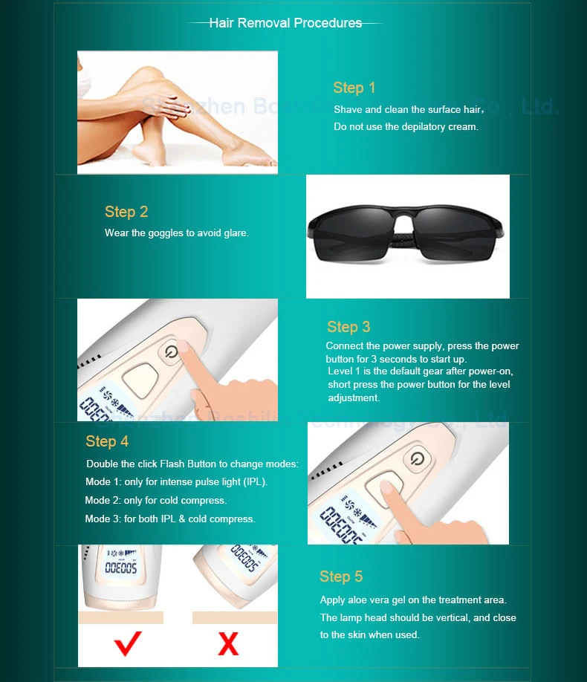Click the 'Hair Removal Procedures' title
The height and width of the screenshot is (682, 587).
tap(285, 23)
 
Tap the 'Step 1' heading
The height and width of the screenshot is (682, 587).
tap(354, 88)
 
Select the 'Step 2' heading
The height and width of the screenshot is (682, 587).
tap(126, 212)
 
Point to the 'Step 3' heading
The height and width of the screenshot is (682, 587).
tap(348, 327)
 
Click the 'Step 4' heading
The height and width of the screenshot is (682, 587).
tap(107, 441)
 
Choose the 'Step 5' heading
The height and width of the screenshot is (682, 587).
tap(341, 577)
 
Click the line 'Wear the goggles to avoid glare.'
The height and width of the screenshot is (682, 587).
tap(176, 233)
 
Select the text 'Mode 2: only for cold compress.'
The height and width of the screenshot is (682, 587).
tap(155, 501)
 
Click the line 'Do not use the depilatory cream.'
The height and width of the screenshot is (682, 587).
tap(406, 127)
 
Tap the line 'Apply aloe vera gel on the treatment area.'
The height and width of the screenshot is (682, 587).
tap(412, 600)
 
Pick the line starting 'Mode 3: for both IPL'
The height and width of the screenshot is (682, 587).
tap(169, 519)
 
